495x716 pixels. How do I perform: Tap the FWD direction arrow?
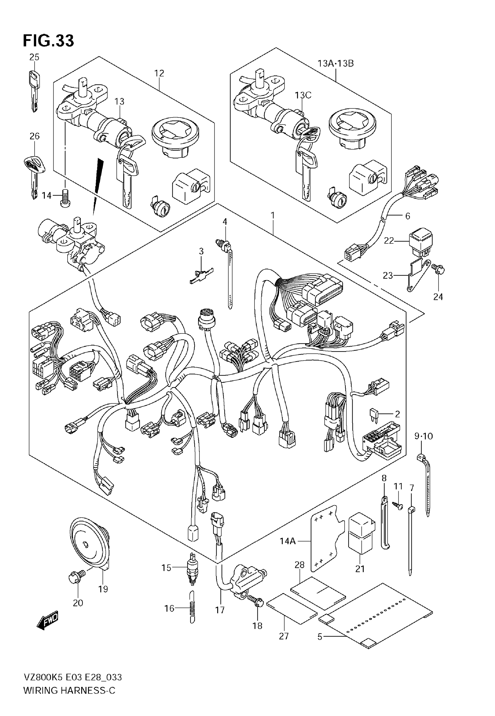[47, 620]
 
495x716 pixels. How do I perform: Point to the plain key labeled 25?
[34, 90]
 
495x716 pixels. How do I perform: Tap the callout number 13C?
[303, 95]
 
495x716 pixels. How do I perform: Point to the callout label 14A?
[287, 541]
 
